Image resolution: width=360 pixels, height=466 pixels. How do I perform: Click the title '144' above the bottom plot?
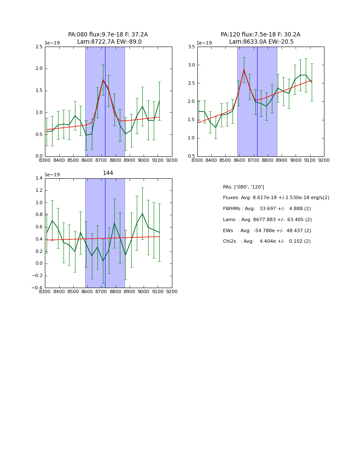click(x=108, y=173)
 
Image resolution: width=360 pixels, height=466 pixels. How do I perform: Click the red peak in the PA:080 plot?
click(x=103, y=80)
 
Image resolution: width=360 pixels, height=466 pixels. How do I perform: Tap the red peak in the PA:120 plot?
click(x=244, y=69)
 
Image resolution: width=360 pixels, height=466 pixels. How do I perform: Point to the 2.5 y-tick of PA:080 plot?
click(x=39, y=47)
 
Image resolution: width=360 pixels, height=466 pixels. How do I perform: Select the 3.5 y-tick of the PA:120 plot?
click(x=191, y=47)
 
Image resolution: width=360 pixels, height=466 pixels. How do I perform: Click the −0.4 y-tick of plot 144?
click(x=37, y=288)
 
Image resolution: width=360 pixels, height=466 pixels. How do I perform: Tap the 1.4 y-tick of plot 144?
click(x=39, y=178)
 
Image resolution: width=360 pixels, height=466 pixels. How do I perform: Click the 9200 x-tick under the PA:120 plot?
click(x=324, y=161)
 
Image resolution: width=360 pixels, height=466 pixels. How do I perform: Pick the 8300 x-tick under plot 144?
click(x=45, y=292)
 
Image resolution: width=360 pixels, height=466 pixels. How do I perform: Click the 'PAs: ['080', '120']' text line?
click(x=243, y=187)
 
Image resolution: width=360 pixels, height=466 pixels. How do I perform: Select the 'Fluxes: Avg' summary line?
click(x=276, y=198)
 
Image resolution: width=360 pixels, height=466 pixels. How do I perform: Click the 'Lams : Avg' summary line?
click(x=267, y=219)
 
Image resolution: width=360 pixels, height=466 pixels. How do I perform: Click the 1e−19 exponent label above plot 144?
click(x=52, y=175)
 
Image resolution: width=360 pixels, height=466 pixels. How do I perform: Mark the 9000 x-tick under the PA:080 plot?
click(x=144, y=161)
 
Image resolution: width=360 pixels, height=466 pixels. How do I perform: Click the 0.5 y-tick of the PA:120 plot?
click(x=191, y=156)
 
